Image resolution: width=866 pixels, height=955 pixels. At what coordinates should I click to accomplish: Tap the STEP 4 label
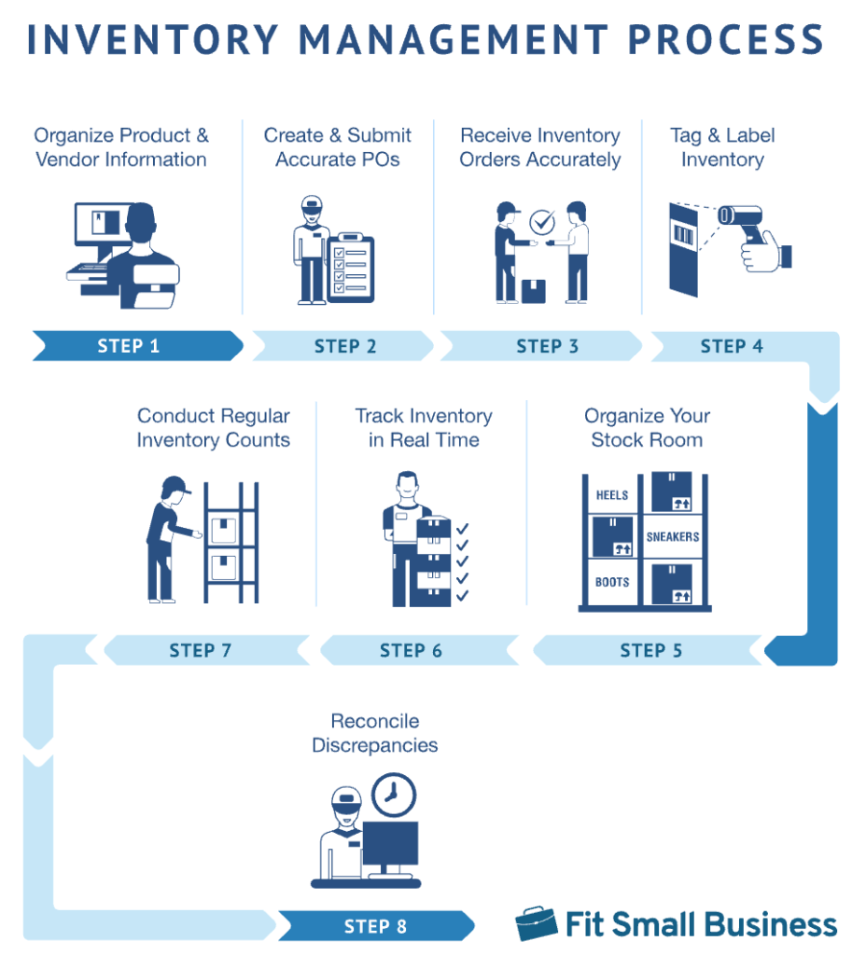click(731, 346)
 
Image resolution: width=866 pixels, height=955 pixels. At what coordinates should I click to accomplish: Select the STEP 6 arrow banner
click(412, 650)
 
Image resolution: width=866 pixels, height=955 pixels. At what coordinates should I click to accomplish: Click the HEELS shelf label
click(612, 495)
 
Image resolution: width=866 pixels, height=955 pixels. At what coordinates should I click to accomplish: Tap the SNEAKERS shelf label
click(673, 537)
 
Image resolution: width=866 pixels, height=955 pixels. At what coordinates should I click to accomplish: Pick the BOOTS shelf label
click(612, 582)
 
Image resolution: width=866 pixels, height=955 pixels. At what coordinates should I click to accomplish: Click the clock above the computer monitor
click(393, 795)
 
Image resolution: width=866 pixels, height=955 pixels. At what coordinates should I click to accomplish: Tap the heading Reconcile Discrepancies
click(374, 733)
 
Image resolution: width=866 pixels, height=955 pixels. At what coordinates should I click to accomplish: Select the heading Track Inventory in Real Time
click(424, 428)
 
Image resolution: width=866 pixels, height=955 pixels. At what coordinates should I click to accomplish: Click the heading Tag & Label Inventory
click(722, 147)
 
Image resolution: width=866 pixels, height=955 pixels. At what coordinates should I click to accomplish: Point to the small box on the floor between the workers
click(533, 291)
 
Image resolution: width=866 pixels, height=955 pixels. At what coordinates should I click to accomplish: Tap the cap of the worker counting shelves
click(175, 485)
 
